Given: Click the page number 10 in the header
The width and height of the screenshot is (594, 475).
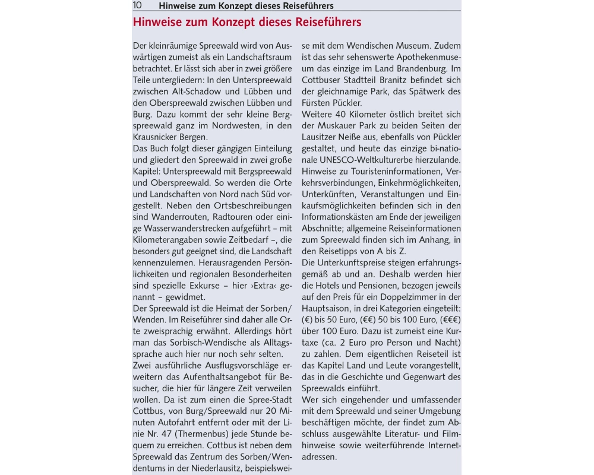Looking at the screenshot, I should [x=137, y=5].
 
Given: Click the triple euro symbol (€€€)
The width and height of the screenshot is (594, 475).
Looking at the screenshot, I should [x=450, y=319].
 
